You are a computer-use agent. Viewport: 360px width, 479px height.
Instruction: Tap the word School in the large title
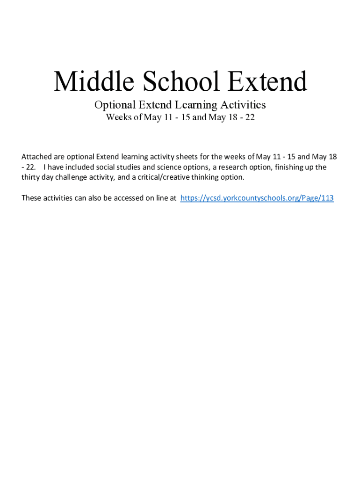click(x=181, y=82)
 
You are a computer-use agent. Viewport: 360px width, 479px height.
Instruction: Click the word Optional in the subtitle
click(x=113, y=104)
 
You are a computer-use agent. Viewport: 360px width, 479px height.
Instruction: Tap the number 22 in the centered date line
click(x=250, y=117)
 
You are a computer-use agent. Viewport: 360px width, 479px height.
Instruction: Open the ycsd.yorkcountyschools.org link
click(x=257, y=198)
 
